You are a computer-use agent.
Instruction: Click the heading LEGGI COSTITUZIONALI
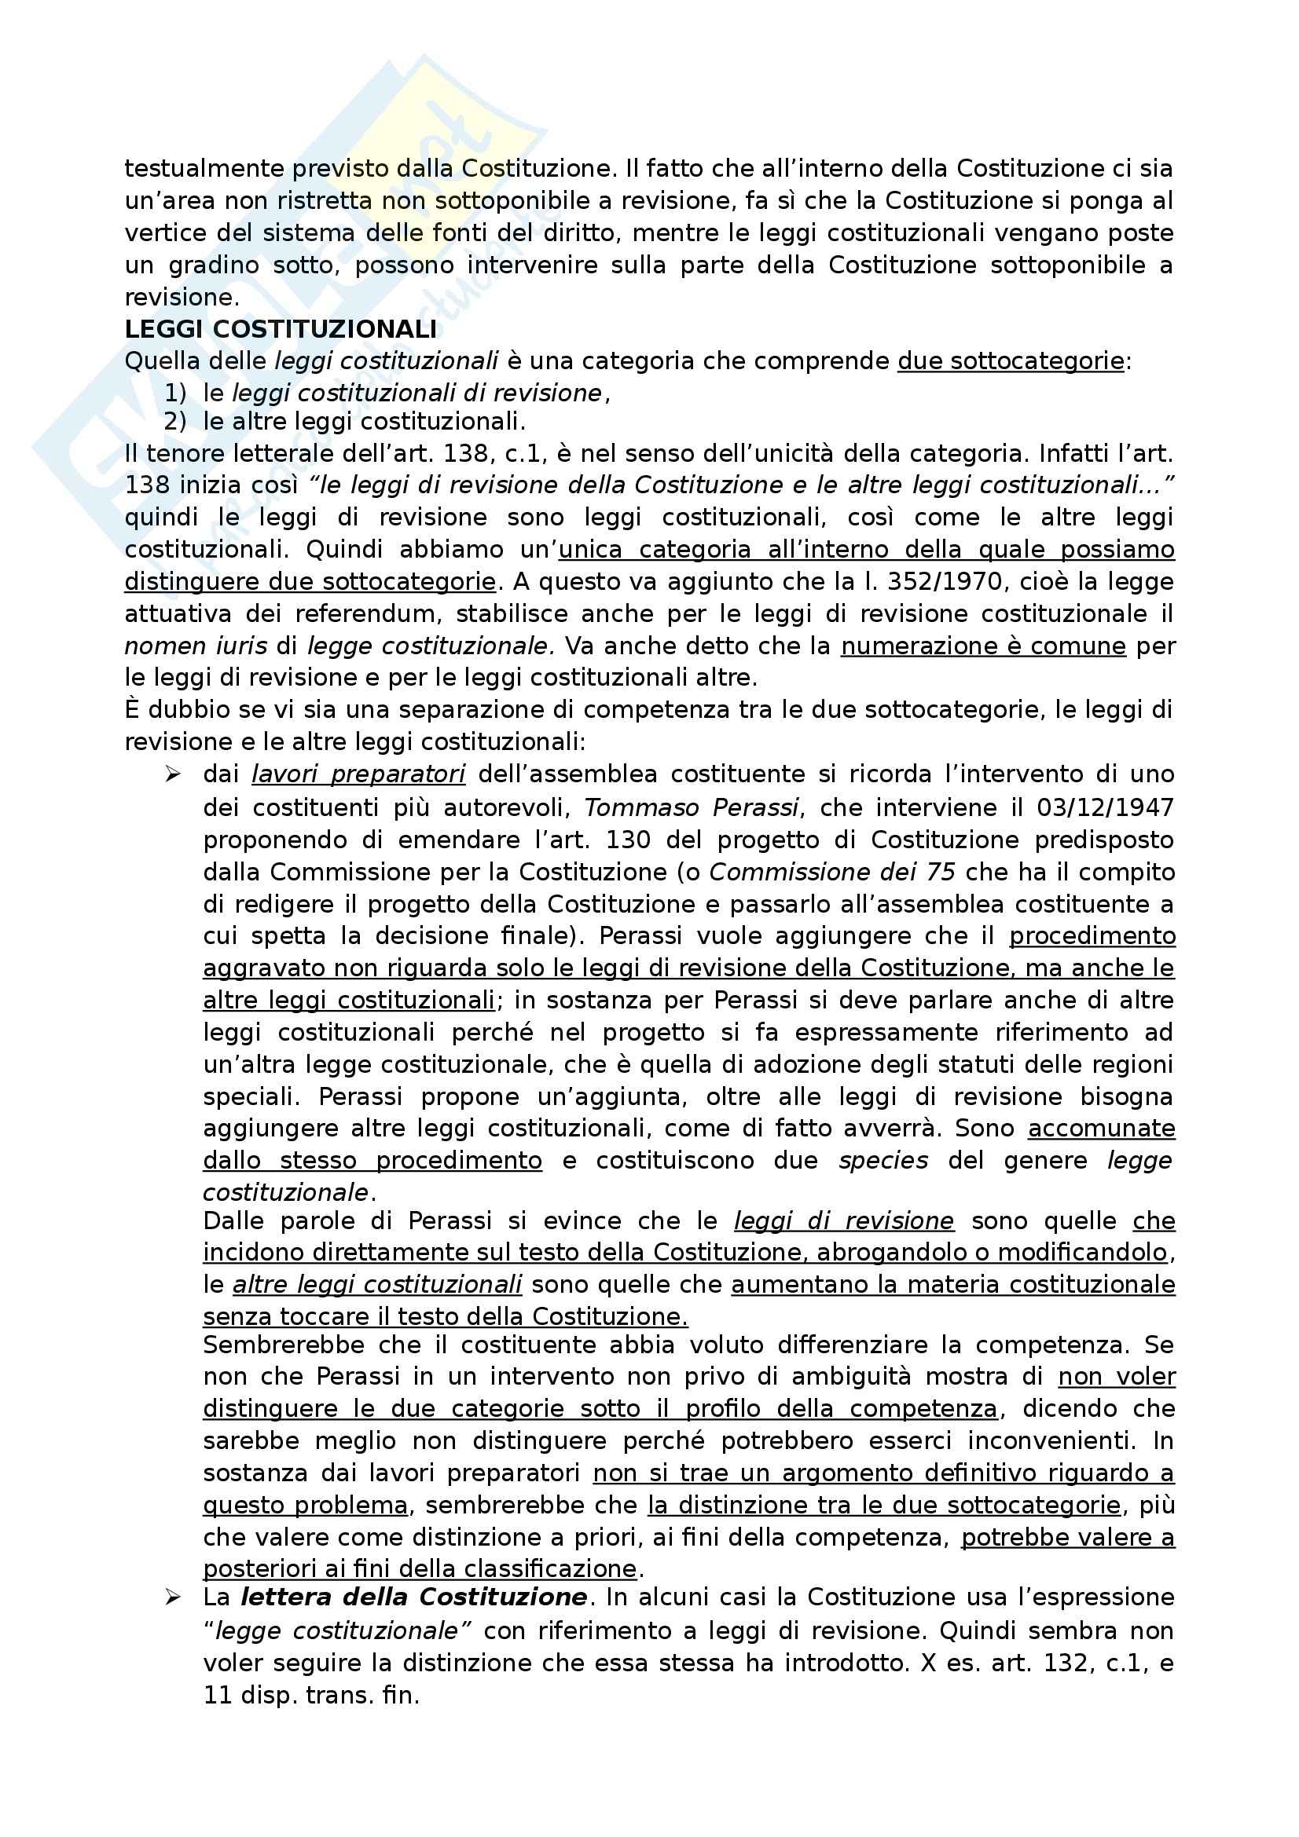281,329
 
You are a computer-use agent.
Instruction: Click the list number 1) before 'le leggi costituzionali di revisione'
175,393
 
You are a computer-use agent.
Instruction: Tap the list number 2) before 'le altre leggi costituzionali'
175,421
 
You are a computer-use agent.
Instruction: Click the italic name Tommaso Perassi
692,807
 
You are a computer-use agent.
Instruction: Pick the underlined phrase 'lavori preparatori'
358,774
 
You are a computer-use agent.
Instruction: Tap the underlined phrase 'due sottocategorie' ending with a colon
1011,360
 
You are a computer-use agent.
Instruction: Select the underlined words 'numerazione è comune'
984,646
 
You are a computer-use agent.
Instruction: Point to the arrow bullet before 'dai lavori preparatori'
172,774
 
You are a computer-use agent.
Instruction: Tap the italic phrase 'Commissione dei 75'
832,871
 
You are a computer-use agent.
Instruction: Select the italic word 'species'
883,1160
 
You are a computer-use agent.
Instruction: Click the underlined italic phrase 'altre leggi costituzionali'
378,1284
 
